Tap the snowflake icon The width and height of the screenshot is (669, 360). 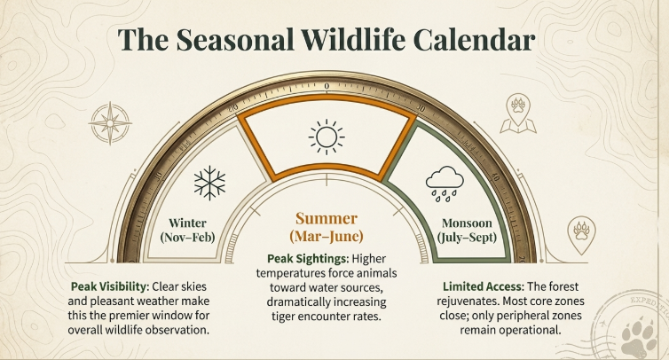(x=209, y=183)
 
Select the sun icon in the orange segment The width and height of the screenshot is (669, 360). (x=326, y=137)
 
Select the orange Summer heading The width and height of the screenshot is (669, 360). (x=326, y=218)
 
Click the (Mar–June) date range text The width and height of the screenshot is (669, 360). (x=326, y=236)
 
